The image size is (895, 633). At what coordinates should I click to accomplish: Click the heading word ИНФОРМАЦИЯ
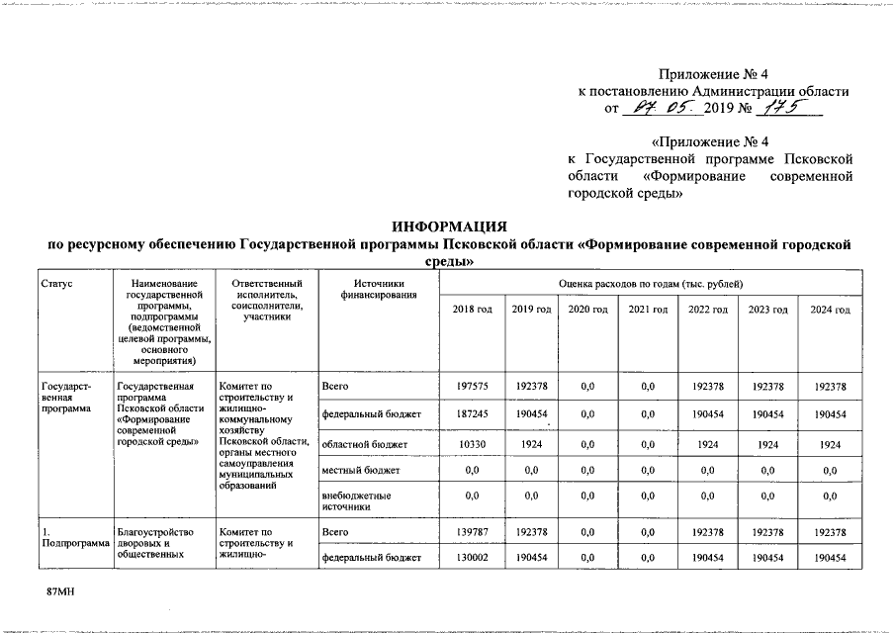coord(448,226)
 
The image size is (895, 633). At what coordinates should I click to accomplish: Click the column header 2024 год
coord(830,311)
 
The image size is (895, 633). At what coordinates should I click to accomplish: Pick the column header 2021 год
coord(649,311)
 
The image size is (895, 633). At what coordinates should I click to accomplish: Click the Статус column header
coord(56,284)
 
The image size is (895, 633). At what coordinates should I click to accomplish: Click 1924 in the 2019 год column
coord(531,444)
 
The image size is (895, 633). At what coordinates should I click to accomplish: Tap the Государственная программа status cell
coord(65,396)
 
